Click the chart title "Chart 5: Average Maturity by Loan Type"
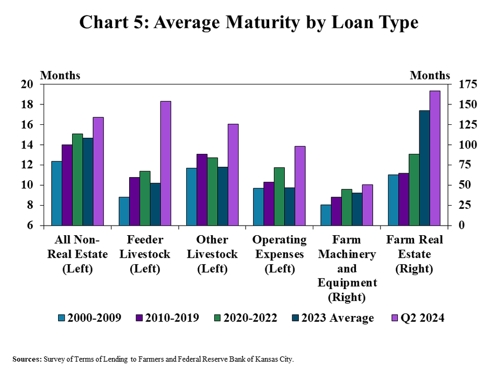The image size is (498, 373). pyautogui.click(x=249, y=23)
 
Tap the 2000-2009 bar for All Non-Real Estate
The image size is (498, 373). pyautogui.click(x=57, y=193)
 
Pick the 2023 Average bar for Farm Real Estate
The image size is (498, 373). pyautogui.click(x=424, y=168)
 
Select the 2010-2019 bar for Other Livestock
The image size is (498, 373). pyautogui.click(x=201, y=189)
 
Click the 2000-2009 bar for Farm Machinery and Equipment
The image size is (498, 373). pyautogui.click(x=326, y=215)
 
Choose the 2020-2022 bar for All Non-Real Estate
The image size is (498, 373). pyautogui.click(x=78, y=179)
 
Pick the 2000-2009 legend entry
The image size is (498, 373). pyautogui.click(x=89, y=318)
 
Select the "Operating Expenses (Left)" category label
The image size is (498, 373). pyautogui.click(x=279, y=254)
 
